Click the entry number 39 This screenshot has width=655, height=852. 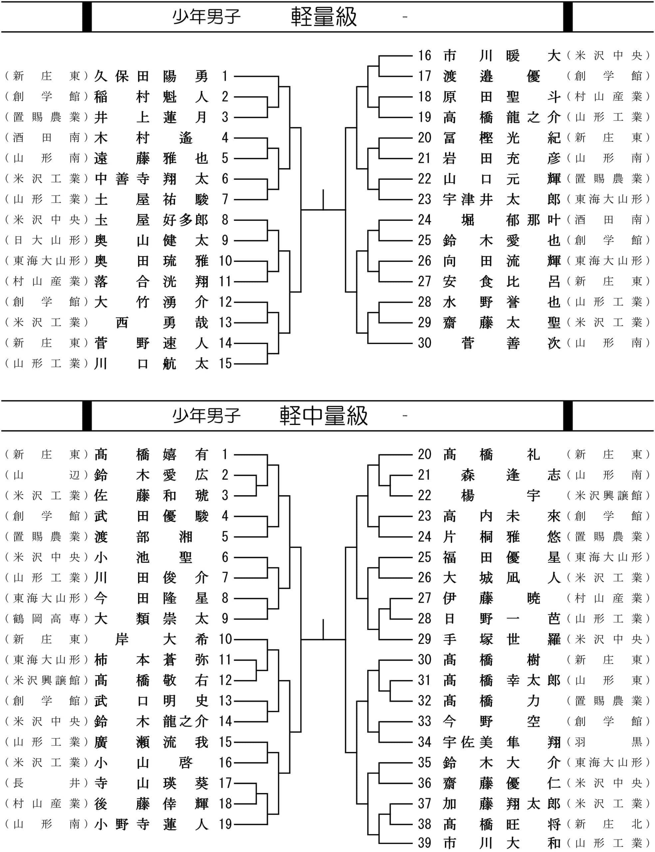click(425, 843)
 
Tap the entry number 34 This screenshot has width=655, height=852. click(425, 742)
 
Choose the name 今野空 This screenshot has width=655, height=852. click(492, 722)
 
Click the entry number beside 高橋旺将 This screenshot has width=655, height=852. click(425, 824)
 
